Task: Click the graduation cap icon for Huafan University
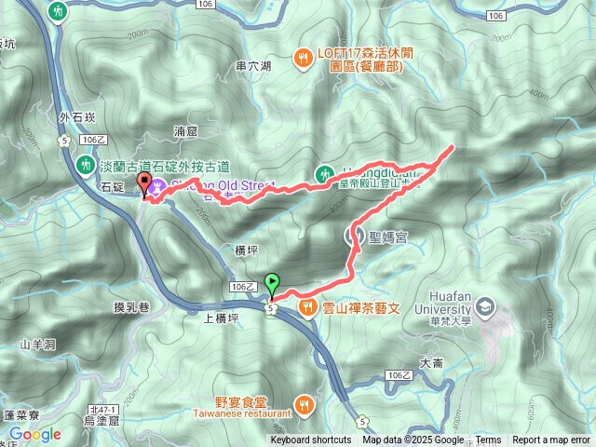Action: pos(484,306)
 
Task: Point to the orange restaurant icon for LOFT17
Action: pos(303,59)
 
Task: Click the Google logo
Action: pos(35,434)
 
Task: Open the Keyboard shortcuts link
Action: pos(311,440)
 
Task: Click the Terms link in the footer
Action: pos(488,440)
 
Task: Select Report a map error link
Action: pos(551,440)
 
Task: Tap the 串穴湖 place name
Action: pos(253,66)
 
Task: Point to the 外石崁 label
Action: pos(76,117)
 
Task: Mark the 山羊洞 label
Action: pos(38,345)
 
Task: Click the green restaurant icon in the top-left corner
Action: pos(59,12)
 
